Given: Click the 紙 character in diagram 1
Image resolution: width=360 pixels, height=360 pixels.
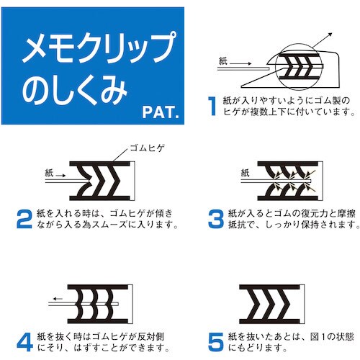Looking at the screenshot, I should [x=221, y=63].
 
